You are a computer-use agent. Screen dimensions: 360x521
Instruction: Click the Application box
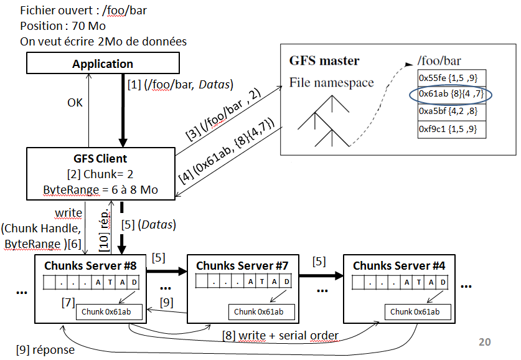pos(103,64)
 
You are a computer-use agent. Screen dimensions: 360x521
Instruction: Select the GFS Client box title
pos(100,158)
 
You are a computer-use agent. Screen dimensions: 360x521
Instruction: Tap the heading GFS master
pos(324,61)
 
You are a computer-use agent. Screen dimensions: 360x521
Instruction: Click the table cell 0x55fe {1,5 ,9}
pos(451,78)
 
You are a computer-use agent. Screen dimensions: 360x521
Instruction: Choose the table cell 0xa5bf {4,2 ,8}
pos(451,112)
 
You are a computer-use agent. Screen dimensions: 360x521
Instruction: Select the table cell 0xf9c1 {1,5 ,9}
pos(451,129)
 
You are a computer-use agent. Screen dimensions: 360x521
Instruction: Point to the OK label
pos(75,103)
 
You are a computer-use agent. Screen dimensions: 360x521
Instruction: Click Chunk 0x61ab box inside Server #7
pos(258,311)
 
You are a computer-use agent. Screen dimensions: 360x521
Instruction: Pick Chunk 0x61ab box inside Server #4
pos(415,311)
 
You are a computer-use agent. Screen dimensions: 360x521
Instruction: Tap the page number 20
pos(484,341)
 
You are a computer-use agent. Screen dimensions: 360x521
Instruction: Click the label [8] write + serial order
pos(280,336)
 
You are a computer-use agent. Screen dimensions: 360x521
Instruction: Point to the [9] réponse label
pos(45,349)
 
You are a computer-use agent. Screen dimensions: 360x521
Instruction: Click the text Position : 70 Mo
pos(63,26)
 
